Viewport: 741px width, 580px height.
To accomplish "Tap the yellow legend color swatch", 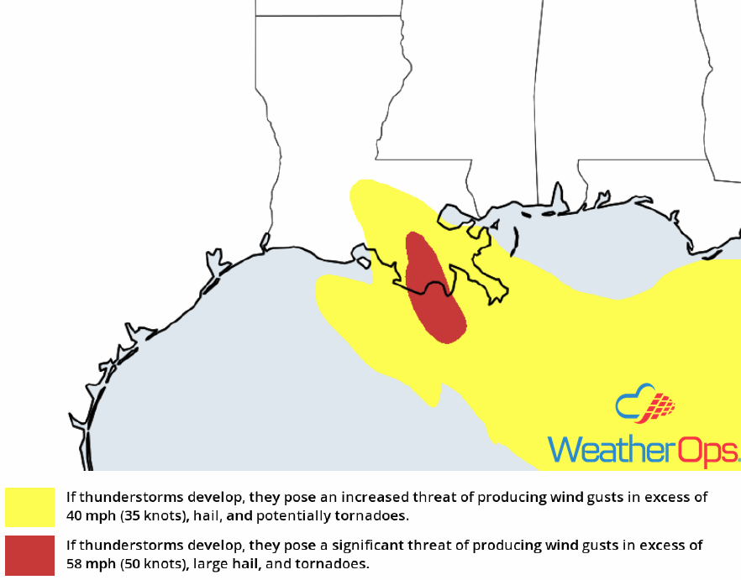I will point(29,506).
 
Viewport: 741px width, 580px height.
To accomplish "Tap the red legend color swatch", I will point(29,554).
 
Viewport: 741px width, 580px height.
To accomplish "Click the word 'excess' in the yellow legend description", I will point(667,497).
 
